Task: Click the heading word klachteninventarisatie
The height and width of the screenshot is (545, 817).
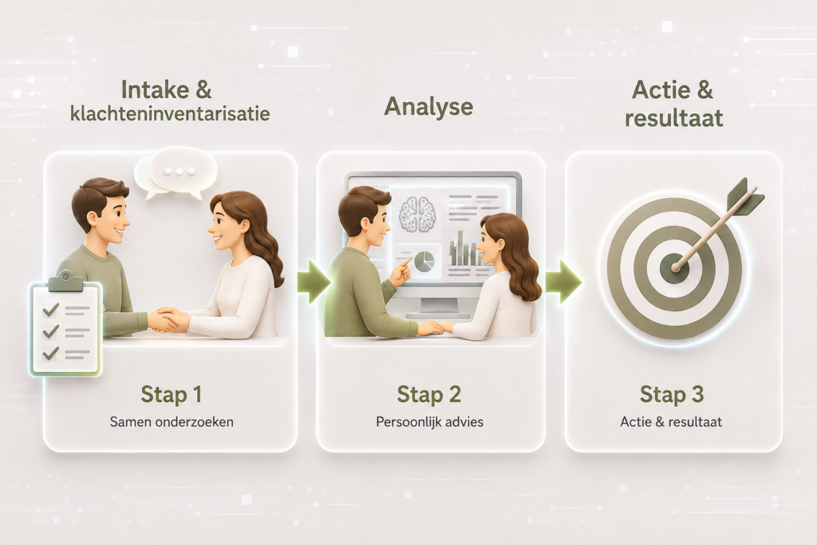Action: click(170, 113)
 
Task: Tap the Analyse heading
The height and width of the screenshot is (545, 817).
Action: click(428, 108)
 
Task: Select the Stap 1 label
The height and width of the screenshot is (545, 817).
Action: click(171, 394)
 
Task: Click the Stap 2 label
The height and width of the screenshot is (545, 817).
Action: click(428, 394)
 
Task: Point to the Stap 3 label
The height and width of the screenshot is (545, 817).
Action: click(672, 394)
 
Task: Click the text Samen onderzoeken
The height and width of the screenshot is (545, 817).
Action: click(172, 421)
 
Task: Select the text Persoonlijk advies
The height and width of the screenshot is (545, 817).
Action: click(429, 421)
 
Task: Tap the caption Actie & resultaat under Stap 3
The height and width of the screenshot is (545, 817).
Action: click(671, 421)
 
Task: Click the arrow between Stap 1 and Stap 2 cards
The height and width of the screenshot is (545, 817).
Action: click(314, 282)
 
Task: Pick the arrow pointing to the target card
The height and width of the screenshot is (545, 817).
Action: click(562, 282)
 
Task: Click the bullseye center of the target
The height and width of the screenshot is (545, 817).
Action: click(674, 268)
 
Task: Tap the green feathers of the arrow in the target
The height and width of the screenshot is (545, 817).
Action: click(744, 196)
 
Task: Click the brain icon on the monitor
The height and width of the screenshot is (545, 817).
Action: click(416, 214)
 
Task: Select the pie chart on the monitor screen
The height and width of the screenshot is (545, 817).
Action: click(425, 261)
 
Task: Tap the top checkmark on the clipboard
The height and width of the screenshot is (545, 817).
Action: click(50, 310)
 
